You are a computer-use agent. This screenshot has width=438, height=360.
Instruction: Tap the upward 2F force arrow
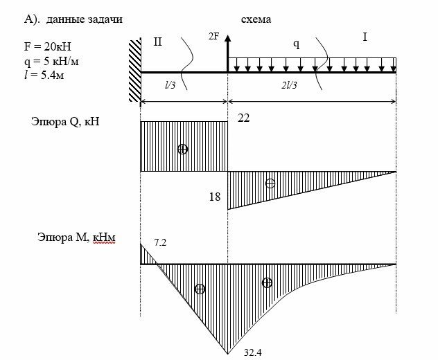pos(227,55)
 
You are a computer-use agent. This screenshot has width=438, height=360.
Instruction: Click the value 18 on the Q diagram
pos(214,197)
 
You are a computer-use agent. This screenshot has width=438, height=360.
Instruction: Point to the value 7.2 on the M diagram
pos(159,242)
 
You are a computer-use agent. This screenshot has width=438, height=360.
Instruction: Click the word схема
pos(256,20)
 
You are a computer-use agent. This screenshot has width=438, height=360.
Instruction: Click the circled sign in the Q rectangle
pos(182,149)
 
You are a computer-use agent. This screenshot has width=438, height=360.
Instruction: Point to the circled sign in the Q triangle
pos(270,183)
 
